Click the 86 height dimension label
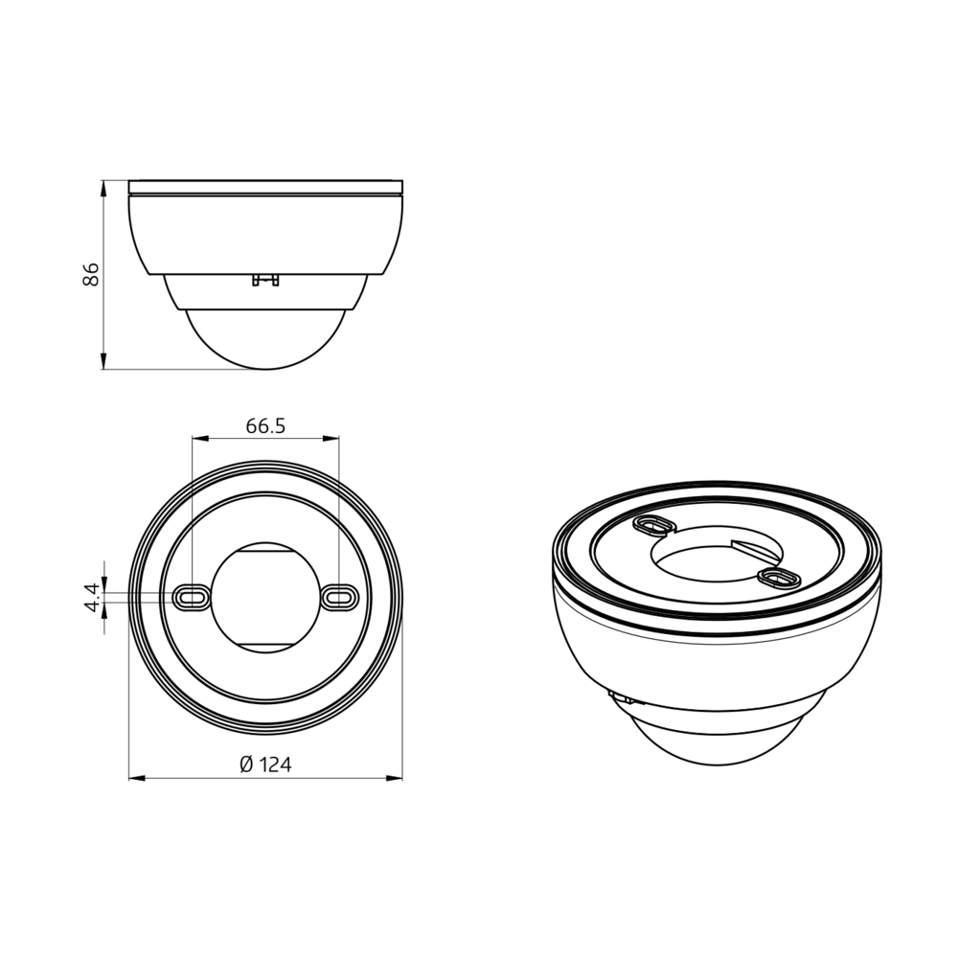coord(90,274)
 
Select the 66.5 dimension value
coord(265,426)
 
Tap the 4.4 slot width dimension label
coord(92,597)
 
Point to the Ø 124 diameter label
coord(265,764)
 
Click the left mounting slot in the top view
coord(192,596)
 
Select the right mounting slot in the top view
coord(339,596)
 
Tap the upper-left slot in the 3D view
coord(655,524)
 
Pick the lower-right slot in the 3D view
coord(778,577)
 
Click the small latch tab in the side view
coord(265,280)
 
